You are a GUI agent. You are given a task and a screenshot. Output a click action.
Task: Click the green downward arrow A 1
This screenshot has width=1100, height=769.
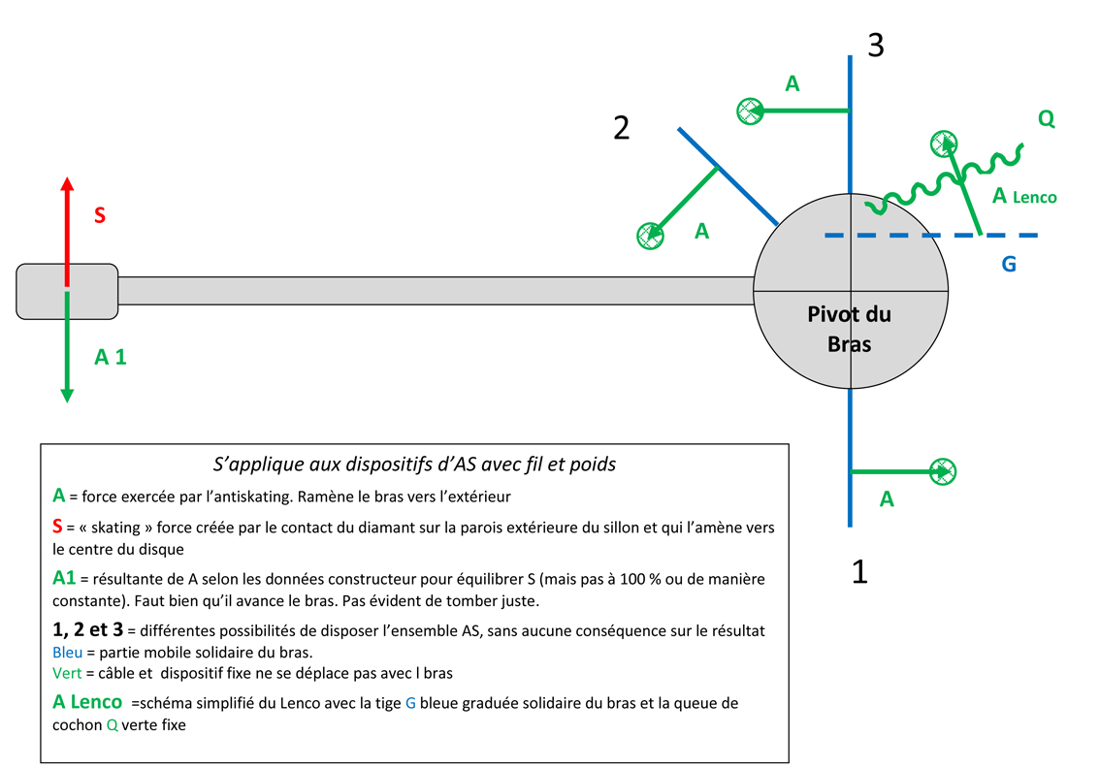(67, 349)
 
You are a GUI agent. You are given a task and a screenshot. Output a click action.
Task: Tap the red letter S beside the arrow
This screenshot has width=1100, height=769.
(100, 215)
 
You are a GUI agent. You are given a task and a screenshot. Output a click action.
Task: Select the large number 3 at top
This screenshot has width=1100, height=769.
(875, 45)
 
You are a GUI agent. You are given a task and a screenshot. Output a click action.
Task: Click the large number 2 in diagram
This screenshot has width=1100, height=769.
(622, 127)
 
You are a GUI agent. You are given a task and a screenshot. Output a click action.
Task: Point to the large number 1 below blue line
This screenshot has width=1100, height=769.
(859, 573)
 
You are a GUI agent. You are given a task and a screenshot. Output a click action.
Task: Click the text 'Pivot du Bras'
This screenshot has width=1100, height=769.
(850, 329)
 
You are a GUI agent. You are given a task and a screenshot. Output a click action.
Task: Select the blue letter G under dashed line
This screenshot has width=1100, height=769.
(1009, 263)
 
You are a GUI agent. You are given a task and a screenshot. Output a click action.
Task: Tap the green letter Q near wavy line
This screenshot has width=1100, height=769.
(1046, 118)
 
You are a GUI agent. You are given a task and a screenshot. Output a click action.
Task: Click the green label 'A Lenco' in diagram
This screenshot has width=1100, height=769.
(1023, 196)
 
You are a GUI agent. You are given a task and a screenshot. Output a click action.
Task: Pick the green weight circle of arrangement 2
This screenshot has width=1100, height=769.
(650, 235)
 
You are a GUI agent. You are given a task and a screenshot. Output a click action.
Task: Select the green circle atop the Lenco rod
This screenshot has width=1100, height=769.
(944, 144)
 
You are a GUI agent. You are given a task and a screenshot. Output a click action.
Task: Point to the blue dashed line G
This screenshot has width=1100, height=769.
(931, 235)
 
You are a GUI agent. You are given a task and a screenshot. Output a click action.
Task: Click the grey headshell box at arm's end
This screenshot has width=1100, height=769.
(67, 290)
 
